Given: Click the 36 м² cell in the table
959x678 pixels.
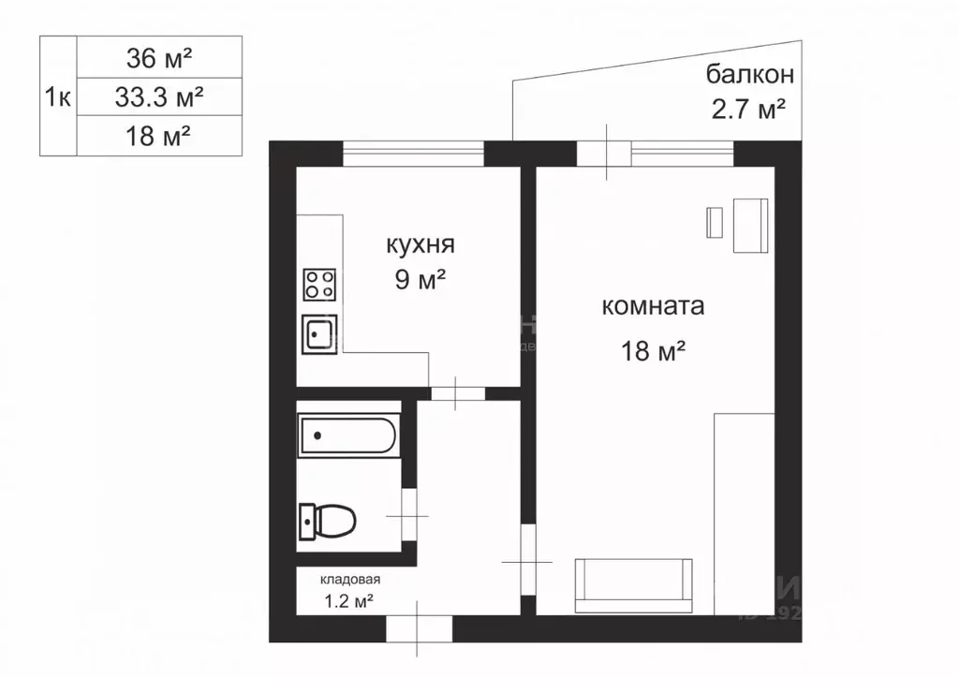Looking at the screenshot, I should coord(158,58).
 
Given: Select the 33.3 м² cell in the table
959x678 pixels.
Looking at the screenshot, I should coord(158,96).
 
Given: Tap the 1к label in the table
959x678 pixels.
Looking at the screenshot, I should coord(57,96).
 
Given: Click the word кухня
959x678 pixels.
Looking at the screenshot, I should coord(420,245).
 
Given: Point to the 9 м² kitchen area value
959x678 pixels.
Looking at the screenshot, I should coord(419,279).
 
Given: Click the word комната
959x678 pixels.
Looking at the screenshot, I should coord(652,306).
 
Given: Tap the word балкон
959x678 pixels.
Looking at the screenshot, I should coord(750,74).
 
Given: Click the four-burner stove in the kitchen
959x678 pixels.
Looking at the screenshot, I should coord(319,285).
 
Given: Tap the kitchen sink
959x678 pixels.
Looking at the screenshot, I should coord(319,333).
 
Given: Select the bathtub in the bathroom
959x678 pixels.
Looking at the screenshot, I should coord(347,435).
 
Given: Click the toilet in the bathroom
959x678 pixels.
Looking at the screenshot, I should coord(329,519).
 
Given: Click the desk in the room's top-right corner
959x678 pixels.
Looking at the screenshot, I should coord(750,226).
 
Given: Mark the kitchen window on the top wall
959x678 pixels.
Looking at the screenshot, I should coord(413,153).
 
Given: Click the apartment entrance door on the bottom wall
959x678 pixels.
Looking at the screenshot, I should coord(417,627).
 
